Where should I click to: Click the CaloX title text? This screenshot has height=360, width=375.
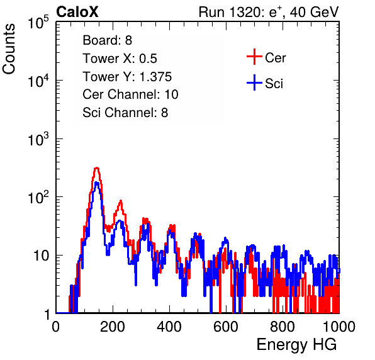[x=77, y=12]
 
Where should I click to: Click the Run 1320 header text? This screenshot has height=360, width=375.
[x=269, y=12]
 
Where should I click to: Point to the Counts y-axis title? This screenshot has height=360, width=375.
[x=9, y=49]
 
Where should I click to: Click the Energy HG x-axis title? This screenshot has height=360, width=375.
[x=296, y=345]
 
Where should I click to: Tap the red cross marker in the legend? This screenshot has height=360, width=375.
[x=254, y=57]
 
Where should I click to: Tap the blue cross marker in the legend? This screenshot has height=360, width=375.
[x=254, y=82]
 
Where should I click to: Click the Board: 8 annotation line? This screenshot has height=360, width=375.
[x=107, y=40]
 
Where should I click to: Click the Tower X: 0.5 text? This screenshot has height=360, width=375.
[x=120, y=59]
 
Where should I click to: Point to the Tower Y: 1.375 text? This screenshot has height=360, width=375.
[x=127, y=77]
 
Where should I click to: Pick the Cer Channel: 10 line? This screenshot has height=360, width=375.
[x=131, y=94]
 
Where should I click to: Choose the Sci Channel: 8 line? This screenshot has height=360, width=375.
[x=125, y=113]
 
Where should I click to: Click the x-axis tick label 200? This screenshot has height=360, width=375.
[x=113, y=327]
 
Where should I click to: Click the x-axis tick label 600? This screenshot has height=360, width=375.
[x=226, y=327]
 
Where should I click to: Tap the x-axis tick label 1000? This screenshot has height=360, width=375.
[x=339, y=327]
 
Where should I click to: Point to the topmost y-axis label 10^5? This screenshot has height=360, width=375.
[x=38, y=23]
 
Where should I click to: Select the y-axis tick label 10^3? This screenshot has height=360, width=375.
[x=38, y=139]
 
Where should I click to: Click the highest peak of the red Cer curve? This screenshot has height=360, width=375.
[x=96, y=168]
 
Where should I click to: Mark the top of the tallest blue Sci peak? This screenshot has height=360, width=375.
[x=97, y=183]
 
